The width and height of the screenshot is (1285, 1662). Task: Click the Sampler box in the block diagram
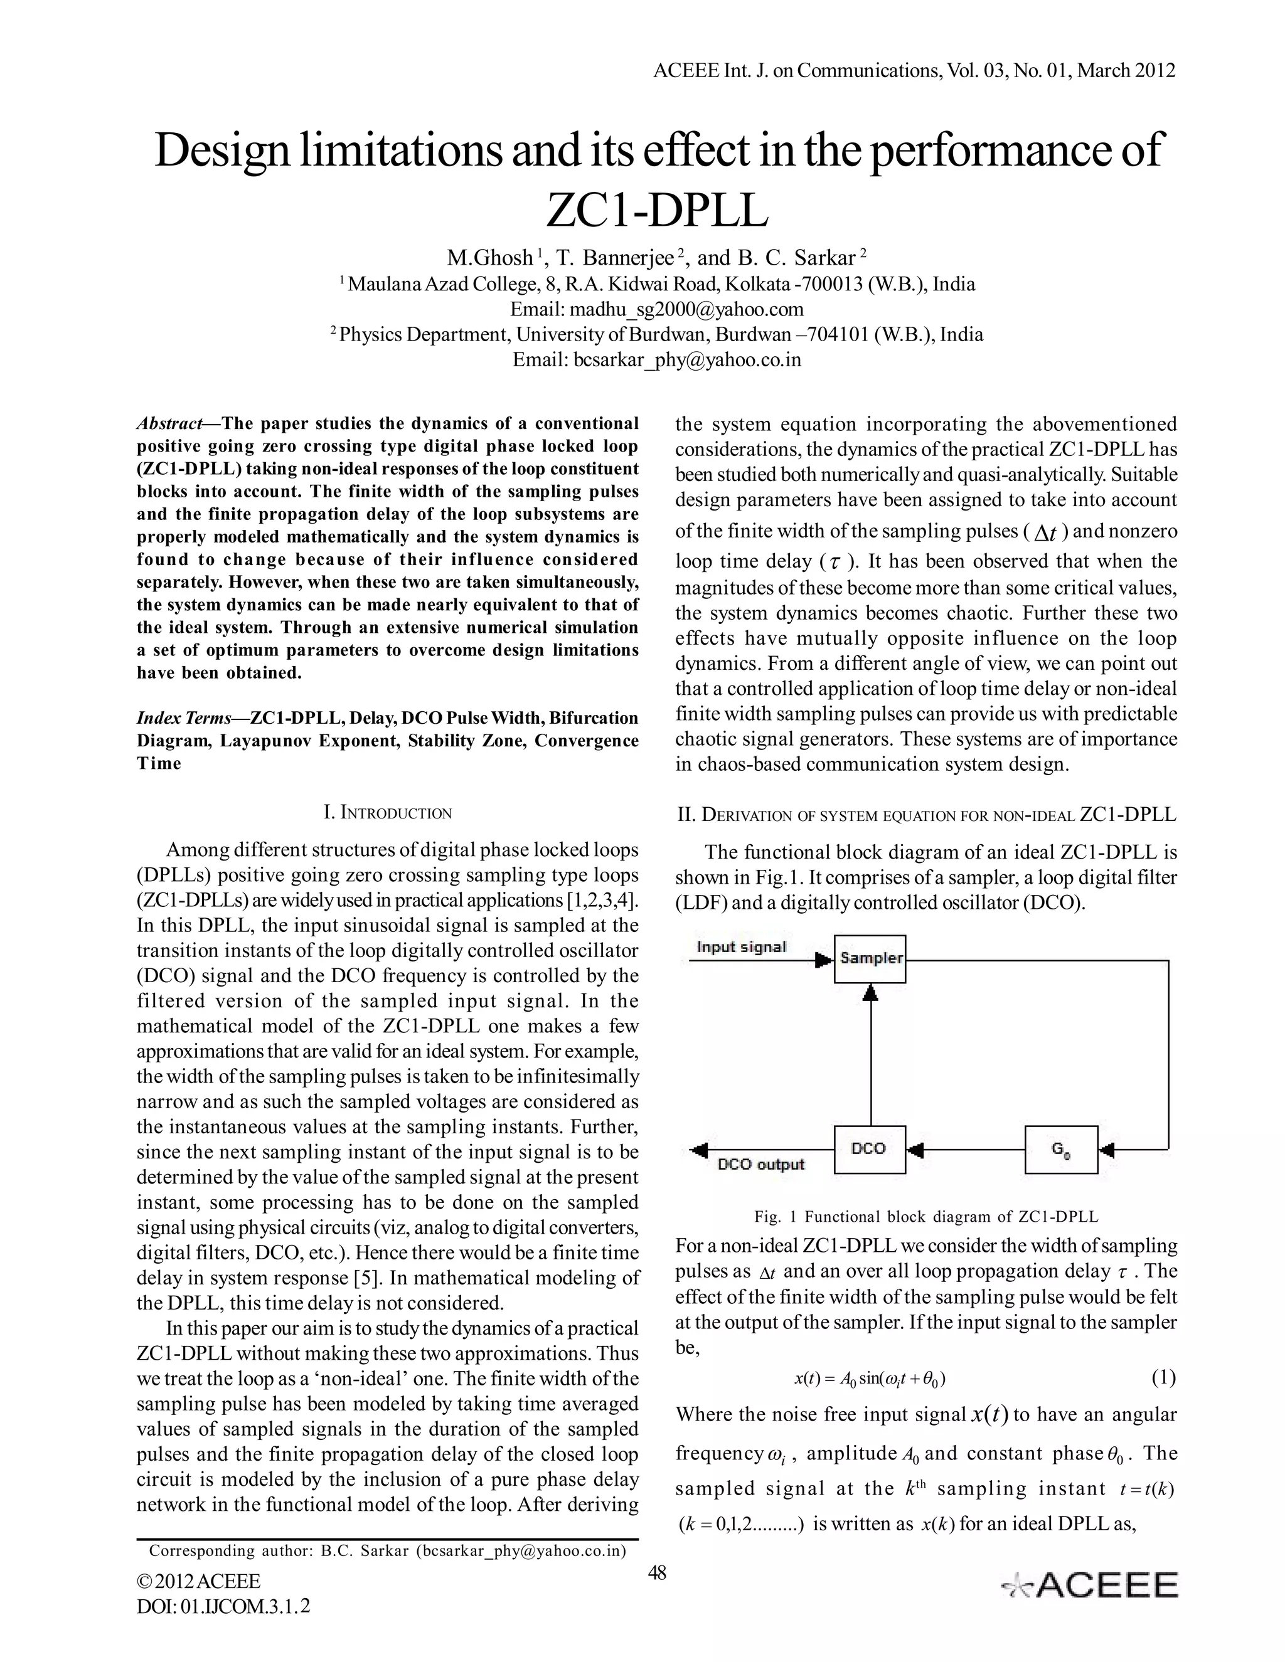click(x=870, y=958)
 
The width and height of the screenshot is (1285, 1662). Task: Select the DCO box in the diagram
click(x=870, y=1149)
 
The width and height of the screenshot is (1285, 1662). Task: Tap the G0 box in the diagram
click(x=1061, y=1149)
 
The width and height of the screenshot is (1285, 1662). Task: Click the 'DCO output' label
click(x=761, y=1164)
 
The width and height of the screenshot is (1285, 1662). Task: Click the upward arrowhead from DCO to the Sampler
click(x=872, y=992)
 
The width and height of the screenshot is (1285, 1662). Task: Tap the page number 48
click(x=656, y=1572)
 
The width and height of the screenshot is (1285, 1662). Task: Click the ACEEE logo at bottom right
click(x=1090, y=1585)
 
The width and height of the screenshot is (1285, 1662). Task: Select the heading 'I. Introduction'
click(x=388, y=812)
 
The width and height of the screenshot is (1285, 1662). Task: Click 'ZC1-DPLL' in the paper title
click(x=657, y=211)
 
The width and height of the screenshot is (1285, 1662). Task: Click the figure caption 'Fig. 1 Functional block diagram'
click(x=925, y=1216)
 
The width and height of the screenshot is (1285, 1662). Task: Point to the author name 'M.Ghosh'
click(x=489, y=258)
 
